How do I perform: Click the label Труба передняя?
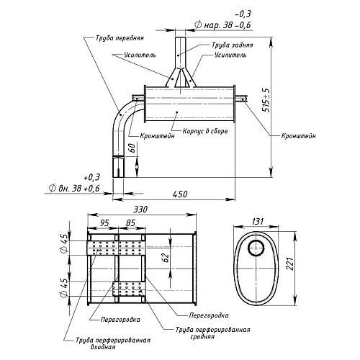pos(120,38)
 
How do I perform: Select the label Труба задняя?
pos(232,45)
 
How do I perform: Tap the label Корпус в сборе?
pos(205,131)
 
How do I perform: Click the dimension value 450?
pos(180,194)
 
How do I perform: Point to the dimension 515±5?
pos(266,100)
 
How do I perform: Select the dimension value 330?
pos(140,210)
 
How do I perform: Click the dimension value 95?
pos(104,223)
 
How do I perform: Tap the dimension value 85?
pos(130,223)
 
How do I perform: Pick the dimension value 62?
pos(166,258)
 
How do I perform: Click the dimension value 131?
pos(258,221)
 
